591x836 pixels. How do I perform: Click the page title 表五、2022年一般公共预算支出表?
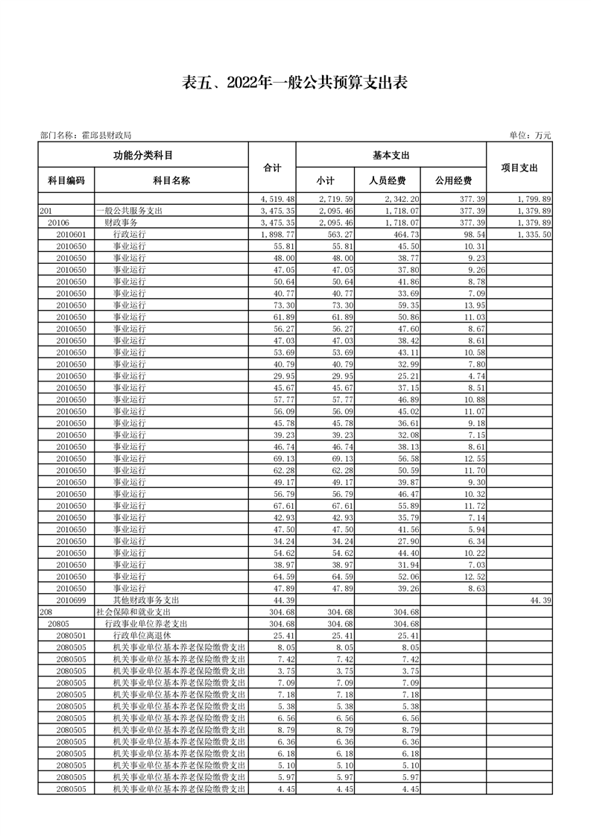(295, 83)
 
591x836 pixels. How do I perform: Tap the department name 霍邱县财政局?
(104, 136)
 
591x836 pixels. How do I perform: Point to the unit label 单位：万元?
(530, 136)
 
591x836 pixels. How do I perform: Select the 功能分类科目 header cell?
(143, 155)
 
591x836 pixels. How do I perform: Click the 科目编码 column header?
(66, 180)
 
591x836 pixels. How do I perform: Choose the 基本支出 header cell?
(391, 155)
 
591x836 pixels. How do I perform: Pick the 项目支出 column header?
(519, 168)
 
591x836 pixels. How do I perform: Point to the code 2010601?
(72, 234)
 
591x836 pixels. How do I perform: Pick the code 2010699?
(72, 600)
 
